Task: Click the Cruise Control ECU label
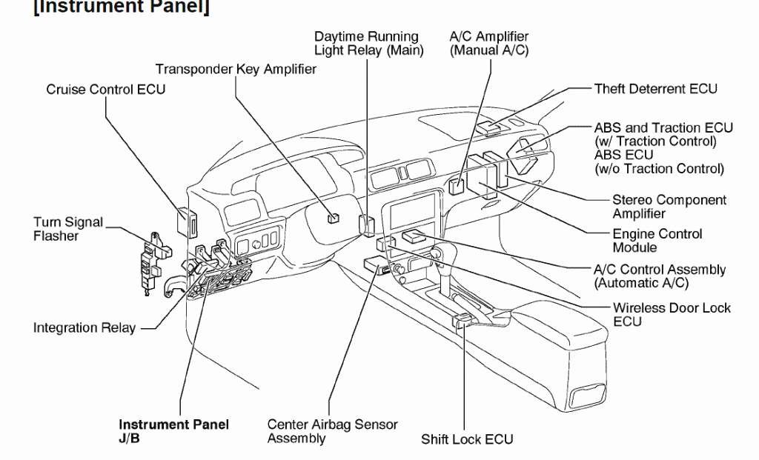pos(106,90)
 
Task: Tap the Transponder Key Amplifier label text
pos(236,69)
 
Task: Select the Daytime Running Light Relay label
pos(368,43)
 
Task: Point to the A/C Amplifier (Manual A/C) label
pos(489,43)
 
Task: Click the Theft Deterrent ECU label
pos(655,89)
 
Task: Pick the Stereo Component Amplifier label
pos(669,207)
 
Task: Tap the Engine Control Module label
pos(657,241)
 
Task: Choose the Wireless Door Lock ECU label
pos(671,314)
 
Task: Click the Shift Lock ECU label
pos(466,439)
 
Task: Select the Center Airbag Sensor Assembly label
pos(332,431)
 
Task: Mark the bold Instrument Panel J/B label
pos(173,431)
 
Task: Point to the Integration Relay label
pos(84,327)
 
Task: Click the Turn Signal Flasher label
pos(67,229)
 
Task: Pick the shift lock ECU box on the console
pos(460,320)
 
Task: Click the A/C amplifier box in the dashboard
pos(457,185)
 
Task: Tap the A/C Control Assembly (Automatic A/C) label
pos(660,276)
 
